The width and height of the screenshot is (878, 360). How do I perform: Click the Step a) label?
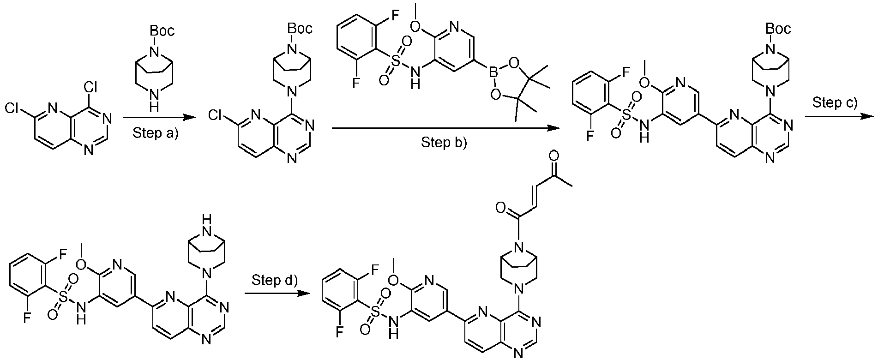155,134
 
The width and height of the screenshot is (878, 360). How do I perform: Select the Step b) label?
444,143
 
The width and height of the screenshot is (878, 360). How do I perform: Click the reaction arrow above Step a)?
157,119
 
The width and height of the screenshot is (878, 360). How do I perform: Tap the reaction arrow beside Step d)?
277,293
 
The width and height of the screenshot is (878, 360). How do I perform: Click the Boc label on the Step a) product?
300,29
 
